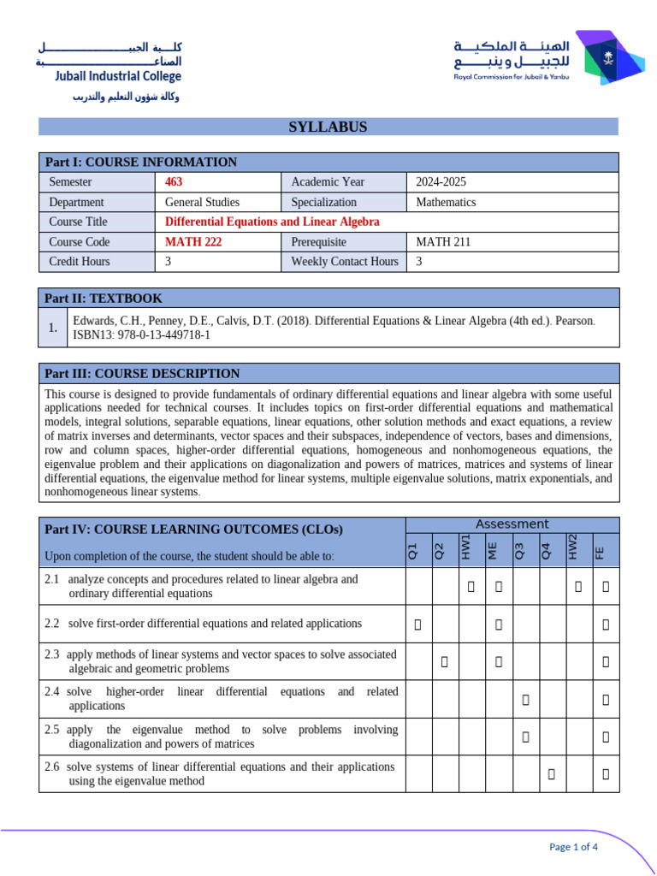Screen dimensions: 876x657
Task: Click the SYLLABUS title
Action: pos(328,127)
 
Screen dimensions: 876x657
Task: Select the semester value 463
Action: pos(174,182)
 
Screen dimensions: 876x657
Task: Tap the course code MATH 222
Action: pos(192,242)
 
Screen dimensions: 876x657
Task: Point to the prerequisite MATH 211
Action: pos(442,242)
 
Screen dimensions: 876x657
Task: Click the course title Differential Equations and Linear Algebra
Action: pos(271,222)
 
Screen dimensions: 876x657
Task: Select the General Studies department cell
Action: pos(202,202)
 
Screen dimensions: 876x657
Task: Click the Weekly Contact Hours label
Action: pos(344,262)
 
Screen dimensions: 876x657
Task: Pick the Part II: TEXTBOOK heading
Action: pos(104,299)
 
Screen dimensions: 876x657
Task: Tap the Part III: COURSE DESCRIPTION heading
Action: pos(142,374)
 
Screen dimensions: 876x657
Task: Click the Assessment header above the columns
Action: pos(512,524)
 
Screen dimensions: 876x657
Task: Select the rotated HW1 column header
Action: pos(467,547)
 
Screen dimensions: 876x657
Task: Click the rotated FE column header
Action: pos(601,553)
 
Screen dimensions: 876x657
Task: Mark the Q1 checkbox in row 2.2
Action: pos(417,624)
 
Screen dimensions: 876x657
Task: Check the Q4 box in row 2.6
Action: pos(552,774)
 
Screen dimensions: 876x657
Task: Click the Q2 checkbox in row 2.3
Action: pos(444,661)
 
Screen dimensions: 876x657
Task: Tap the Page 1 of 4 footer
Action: pos(572,847)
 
